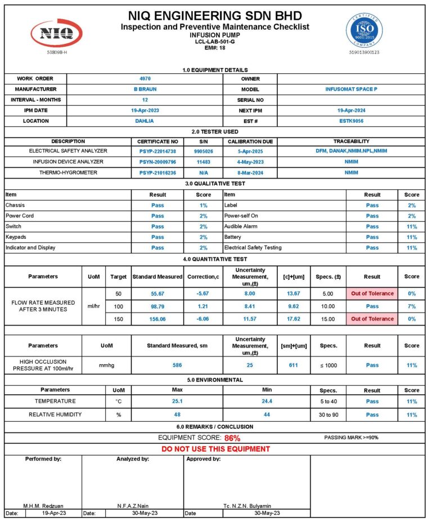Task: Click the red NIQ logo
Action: pyautogui.click(x=56, y=33)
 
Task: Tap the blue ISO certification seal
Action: pyautogui.click(x=364, y=29)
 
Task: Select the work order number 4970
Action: pyautogui.click(x=145, y=79)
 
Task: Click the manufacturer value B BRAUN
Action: pyautogui.click(x=145, y=90)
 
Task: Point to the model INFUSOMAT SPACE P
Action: pyautogui.click(x=352, y=90)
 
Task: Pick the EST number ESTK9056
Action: pyautogui.click(x=352, y=121)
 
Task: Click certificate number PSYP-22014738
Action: pyautogui.click(x=157, y=151)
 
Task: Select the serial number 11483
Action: pyautogui.click(x=204, y=162)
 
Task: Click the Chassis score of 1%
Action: pyautogui.click(x=204, y=206)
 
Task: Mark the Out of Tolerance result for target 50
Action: pyautogui.click(x=372, y=293)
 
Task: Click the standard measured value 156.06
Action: pyautogui.click(x=157, y=319)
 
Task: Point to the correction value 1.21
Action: pyautogui.click(x=204, y=306)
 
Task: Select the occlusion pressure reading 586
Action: pyautogui.click(x=177, y=365)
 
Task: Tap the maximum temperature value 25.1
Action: pyautogui.click(x=177, y=402)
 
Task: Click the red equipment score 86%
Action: pyautogui.click(x=232, y=438)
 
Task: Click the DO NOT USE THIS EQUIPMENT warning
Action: pyautogui.click(x=215, y=449)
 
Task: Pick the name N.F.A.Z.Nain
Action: pyautogui.click(x=133, y=506)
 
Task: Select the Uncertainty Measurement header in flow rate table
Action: pyautogui.click(x=250, y=277)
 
